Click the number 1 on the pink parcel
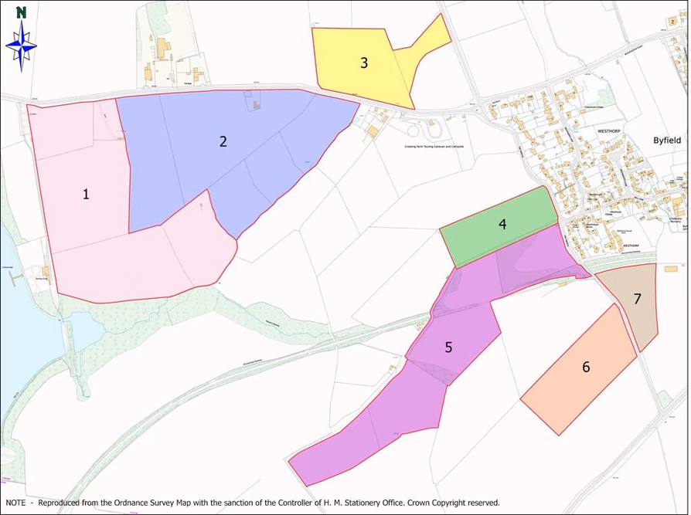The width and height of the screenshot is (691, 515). (x=86, y=194)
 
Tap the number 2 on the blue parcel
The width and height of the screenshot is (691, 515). (x=223, y=141)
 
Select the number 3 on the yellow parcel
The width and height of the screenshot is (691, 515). (x=363, y=63)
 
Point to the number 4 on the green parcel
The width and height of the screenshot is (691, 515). (x=502, y=225)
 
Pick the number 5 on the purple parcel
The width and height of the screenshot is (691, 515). (x=448, y=347)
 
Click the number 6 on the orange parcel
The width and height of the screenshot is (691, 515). (x=586, y=367)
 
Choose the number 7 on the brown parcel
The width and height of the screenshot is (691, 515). (x=637, y=300)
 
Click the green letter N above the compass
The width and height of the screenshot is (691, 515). (x=21, y=12)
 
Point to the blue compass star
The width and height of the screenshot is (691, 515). (x=21, y=46)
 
